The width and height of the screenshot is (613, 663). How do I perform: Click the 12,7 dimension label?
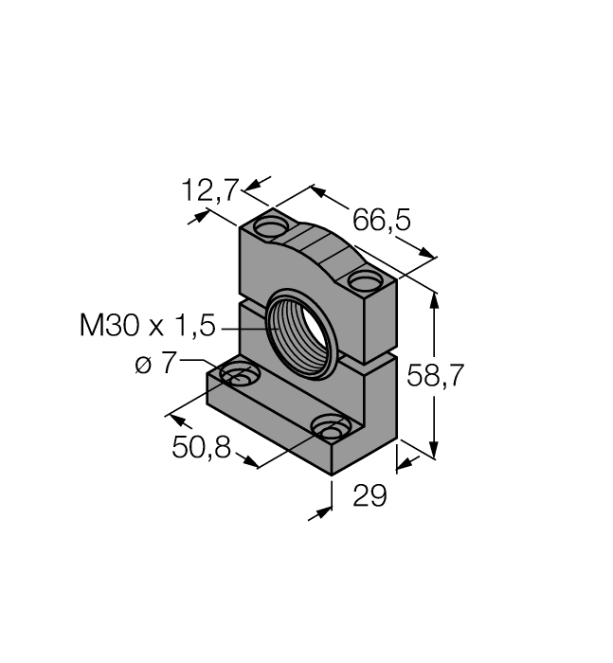209,190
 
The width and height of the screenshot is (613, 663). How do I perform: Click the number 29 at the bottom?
370,495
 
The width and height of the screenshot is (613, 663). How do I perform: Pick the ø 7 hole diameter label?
155,363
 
